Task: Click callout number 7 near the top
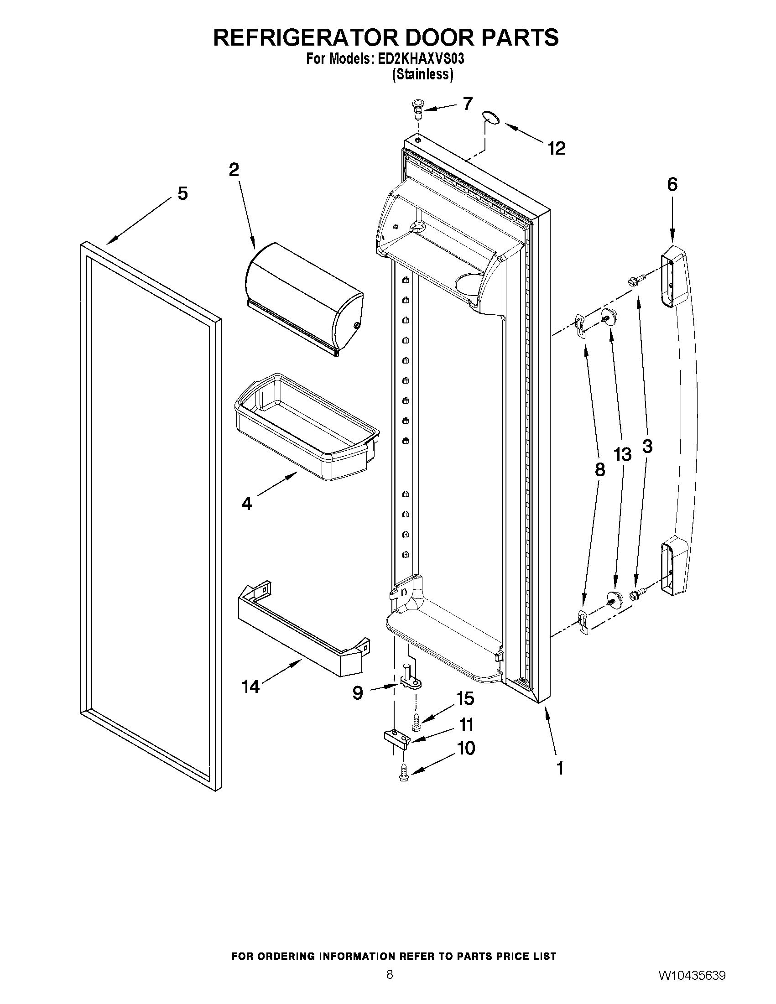(467, 104)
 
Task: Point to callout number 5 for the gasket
(182, 193)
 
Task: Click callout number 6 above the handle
(672, 184)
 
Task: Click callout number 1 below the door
(560, 768)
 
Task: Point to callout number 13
(622, 455)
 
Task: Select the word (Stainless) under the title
(422, 74)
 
